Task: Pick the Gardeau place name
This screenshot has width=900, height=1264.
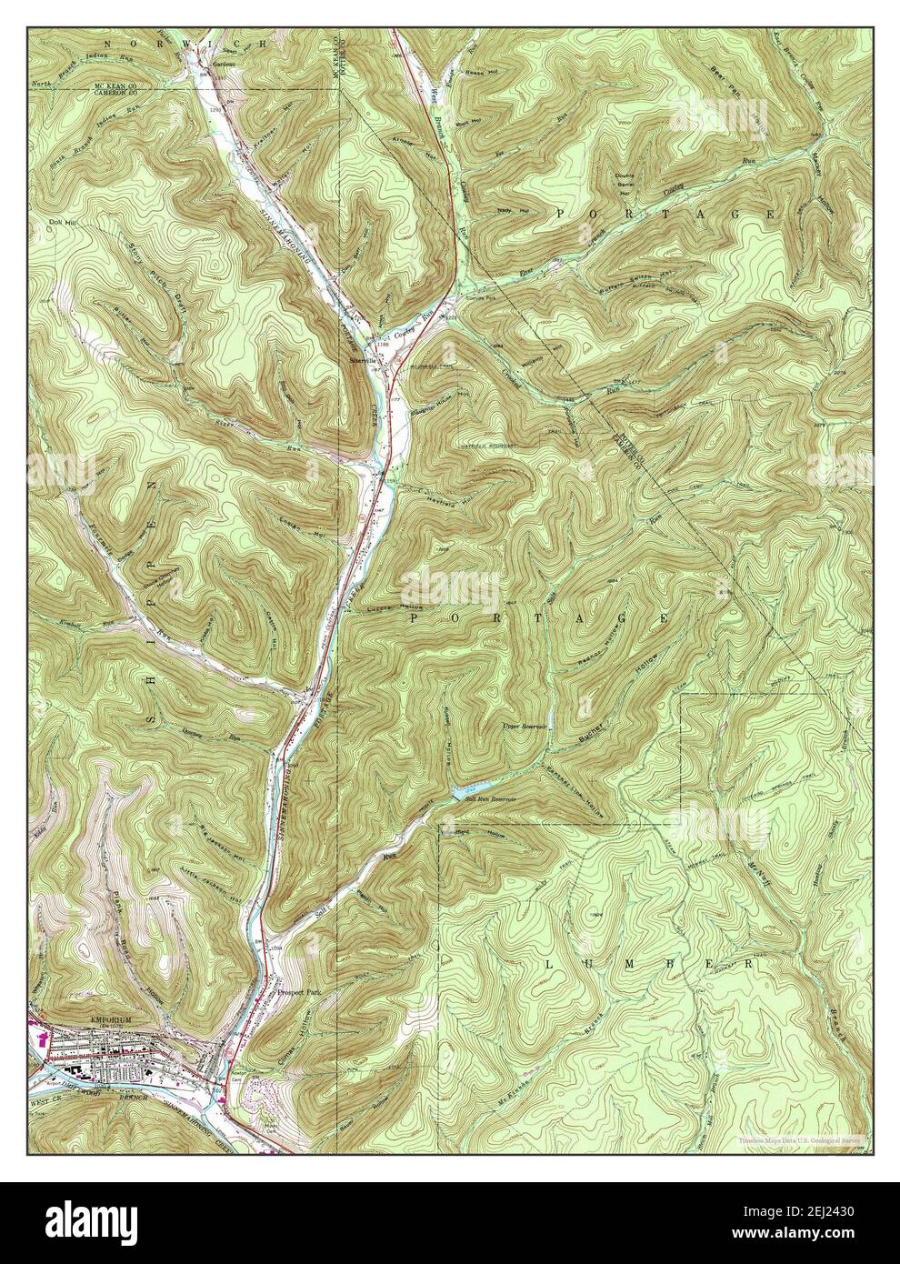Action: [x=223, y=65]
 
